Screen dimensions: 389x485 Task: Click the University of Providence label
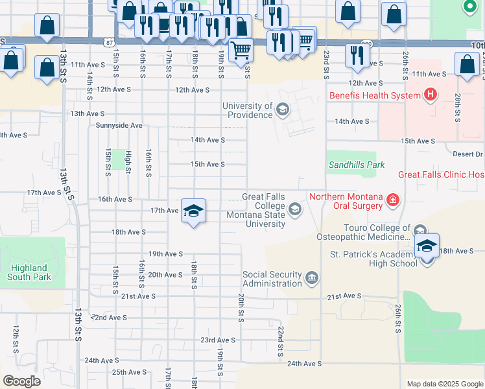pyautogui.click(x=248, y=110)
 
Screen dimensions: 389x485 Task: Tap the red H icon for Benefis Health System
pyautogui.click(x=429, y=95)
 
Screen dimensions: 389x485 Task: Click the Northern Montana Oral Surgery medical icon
pyautogui.click(x=392, y=200)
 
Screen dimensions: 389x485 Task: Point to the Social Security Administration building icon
pyautogui.click(x=312, y=278)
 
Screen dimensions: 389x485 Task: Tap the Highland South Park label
pyautogui.click(x=29, y=272)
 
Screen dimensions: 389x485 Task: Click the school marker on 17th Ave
pyautogui.click(x=193, y=211)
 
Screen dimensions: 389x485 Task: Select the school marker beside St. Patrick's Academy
pyautogui.click(x=427, y=246)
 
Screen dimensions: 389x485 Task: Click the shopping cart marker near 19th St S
pyautogui.click(x=241, y=49)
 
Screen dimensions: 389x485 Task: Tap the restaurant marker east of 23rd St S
pyautogui.click(x=357, y=55)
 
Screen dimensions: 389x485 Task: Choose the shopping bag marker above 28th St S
pyautogui.click(x=467, y=64)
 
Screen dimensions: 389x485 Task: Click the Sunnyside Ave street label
pyautogui.click(x=119, y=125)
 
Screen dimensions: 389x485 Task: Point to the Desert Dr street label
pyautogui.click(x=467, y=154)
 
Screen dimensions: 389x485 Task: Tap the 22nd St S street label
pyautogui.click(x=281, y=341)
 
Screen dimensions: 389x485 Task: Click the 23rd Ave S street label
pyautogui.click(x=217, y=340)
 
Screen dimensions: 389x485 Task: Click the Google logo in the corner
pyautogui.click(x=21, y=381)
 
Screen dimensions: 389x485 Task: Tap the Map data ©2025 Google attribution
pyautogui.click(x=444, y=384)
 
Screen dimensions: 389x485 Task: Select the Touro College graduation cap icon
pyautogui.click(x=420, y=231)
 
